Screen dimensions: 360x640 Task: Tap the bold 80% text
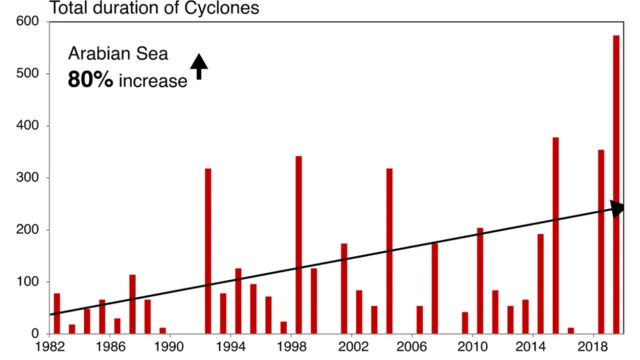(x=90, y=80)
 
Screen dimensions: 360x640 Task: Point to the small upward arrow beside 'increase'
(x=199, y=67)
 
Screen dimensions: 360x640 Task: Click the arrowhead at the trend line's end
(x=617, y=207)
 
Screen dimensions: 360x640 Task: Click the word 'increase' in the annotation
(x=153, y=81)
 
